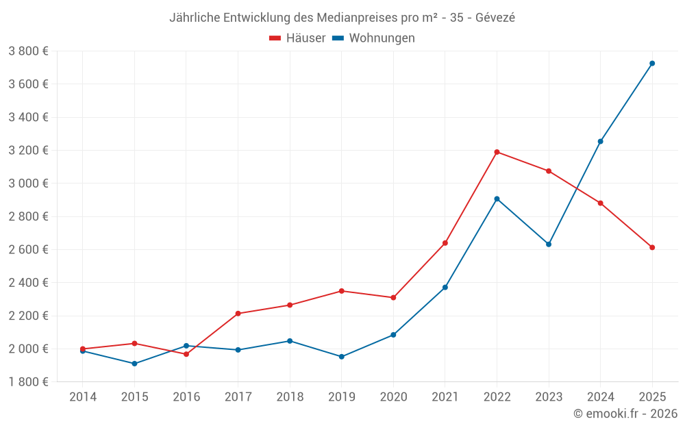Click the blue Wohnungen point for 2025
click(x=652, y=63)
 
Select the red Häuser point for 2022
click(x=497, y=152)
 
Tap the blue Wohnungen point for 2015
click(x=134, y=364)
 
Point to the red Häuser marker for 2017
click(x=238, y=314)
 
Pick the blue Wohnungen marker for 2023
click(x=549, y=244)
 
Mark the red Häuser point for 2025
click(x=652, y=247)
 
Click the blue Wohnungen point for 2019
click(x=341, y=357)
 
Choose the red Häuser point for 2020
click(x=393, y=298)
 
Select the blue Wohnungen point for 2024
click(x=600, y=141)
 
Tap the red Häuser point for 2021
click(x=445, y=243)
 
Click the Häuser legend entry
click(x=298, y=38)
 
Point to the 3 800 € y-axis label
click(x=28, y=51)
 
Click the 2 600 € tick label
click(x=28, y=249)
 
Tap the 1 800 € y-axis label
click(x=28, y=381)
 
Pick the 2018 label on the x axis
click(x=290, y=396)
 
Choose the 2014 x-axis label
click(x=83, y=396)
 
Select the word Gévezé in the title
click(x=495, y=18)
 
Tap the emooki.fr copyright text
click(x=625, y=414)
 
